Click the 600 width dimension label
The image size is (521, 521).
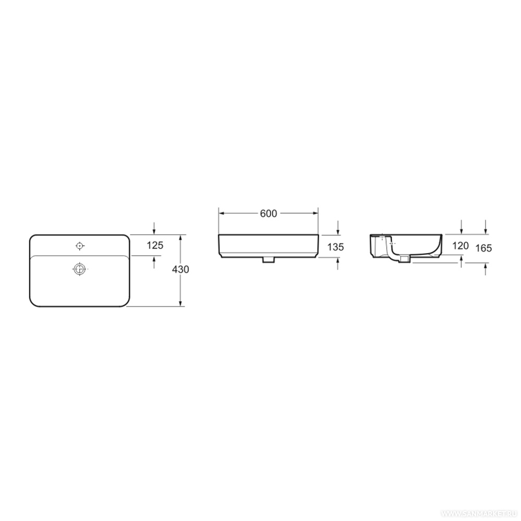[268, 213]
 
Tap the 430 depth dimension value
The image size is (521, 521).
[180, 269]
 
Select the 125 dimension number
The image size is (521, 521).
[155, 245]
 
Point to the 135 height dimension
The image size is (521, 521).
[336, 247]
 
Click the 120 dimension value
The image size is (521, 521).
[461, 245]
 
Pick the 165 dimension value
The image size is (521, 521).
[483, 248]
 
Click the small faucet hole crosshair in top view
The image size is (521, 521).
[80, 246]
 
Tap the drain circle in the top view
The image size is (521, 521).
[80, 269]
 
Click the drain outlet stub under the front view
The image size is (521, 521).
[268, 260]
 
